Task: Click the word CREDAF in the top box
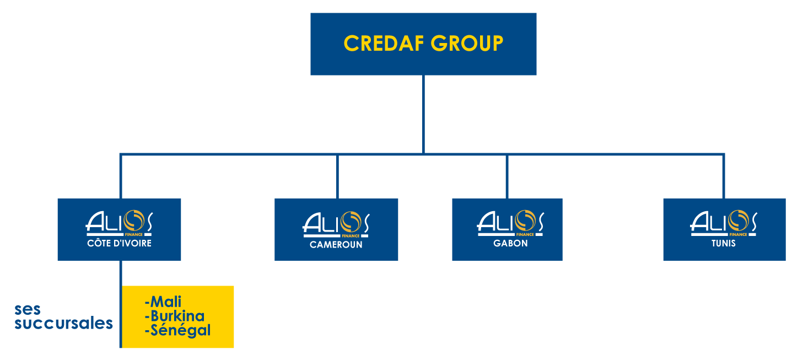click(384, 44)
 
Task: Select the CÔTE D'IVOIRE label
click(119, 243)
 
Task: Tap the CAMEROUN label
click(336, 244)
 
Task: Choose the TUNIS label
click(723, 243)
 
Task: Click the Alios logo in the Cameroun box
click(336, 224)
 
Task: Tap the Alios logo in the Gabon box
click(510, 223)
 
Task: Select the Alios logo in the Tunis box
click(724, 223)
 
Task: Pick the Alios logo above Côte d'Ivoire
click(119, 223)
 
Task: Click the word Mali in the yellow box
click(164, 302)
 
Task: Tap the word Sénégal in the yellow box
click(177, 330)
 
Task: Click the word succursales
click(64, 323)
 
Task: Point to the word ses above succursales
click(28, 309)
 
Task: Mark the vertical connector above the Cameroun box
click(337, 176)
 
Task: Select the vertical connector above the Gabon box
click(507, 176)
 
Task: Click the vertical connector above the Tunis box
click(724, 176)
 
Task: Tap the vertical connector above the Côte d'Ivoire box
click(120, 176)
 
